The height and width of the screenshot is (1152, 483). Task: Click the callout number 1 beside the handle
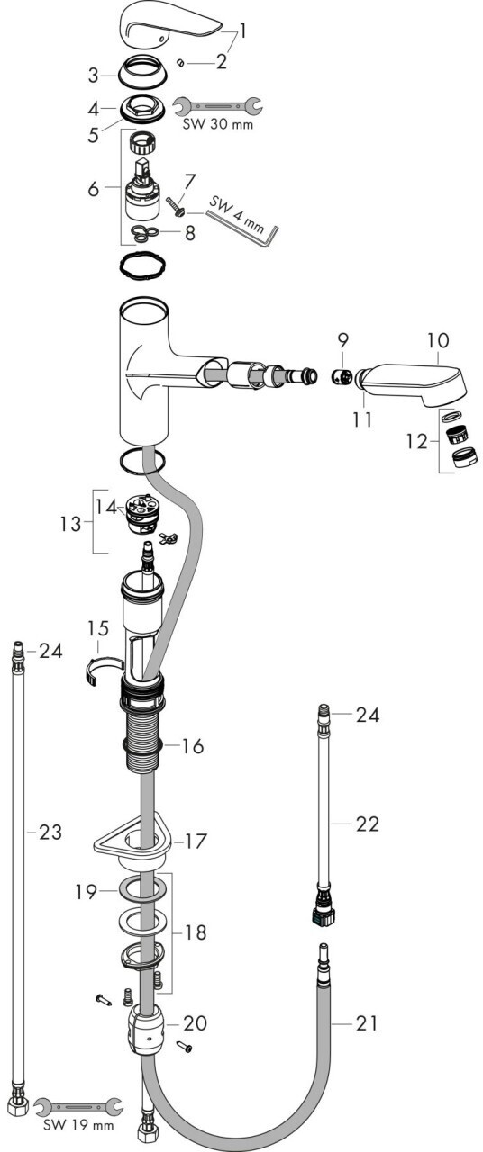[x=242, y=31]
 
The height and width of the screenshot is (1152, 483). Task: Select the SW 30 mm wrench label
[x=218, y=124]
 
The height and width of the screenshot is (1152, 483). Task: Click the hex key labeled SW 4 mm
[x=242, y=222]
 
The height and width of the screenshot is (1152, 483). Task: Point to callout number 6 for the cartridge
[x=93, y=189]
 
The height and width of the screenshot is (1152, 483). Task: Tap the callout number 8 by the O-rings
[x=190, y=233]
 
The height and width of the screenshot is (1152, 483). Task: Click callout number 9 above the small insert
[x=343, y=340]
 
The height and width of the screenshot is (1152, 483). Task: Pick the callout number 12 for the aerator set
[x=416, y=441]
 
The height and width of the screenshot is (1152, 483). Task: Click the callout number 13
[x=70, y=524]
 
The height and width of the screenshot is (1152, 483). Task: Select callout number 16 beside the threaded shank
[x=192, y=746]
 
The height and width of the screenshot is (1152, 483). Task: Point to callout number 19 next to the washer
[x=86, y=891]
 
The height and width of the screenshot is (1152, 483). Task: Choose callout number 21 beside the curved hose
[x=367, y=1023]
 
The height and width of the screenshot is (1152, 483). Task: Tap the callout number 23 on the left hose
[x=50, y=832]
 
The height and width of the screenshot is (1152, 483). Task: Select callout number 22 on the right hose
[x=367, y=823]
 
